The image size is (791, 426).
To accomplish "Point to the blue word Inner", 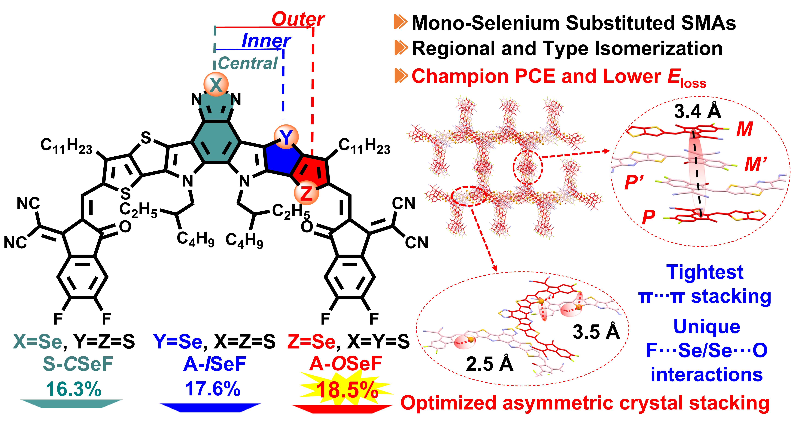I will (266, 41).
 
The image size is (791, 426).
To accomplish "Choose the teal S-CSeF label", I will (78, 364).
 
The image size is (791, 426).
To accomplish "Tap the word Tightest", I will (705, 272).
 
